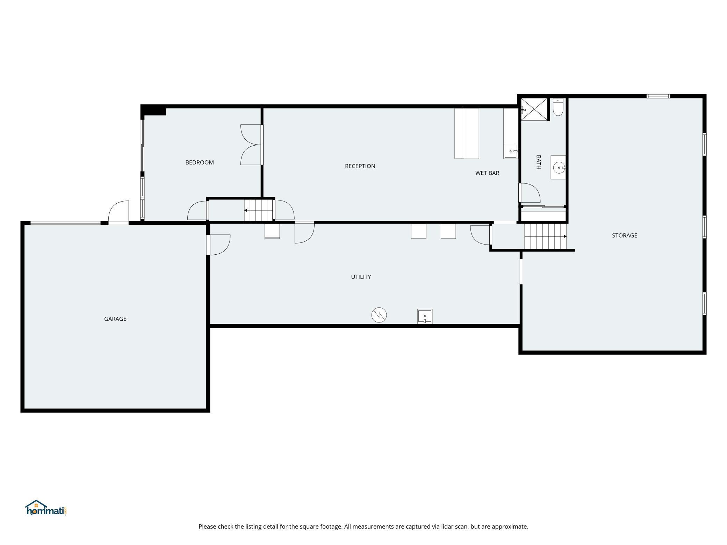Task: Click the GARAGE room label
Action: click(115, 319)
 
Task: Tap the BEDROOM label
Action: click(199, 162)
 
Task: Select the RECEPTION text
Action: click(360, 166)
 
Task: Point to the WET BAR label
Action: click(487, 173)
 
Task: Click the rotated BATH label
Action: click(539, 162)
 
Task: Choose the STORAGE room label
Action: click(625, 235)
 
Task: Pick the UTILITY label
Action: click(361, 277)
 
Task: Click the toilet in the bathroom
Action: click(558, 107)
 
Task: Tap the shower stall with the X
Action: click(534, 109)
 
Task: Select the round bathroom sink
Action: click(559, 167)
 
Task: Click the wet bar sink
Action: click(511, 151)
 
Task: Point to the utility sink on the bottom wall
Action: click(425, 316)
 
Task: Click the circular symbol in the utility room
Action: click(379, 315)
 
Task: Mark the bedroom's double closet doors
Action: click(251, 145)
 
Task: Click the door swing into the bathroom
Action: click(530, 193)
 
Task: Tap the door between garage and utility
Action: click(219, 245)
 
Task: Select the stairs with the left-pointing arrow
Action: click(258, 210)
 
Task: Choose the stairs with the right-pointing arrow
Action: click(546, 237)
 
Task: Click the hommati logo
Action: click(46, 508)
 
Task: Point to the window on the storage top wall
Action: click(658, 96)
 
